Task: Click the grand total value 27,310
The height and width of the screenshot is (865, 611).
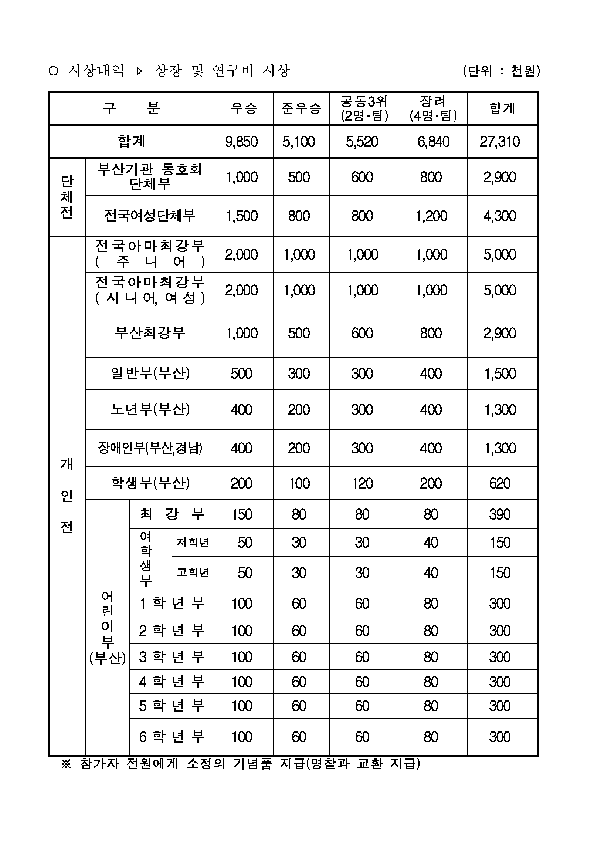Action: [500, 142]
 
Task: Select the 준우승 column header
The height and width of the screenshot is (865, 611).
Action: [301, 108]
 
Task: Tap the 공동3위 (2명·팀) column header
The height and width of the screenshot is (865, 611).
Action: [364, 108]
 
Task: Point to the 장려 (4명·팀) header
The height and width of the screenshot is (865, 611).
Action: [433, 108]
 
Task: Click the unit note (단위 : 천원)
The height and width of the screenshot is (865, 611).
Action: [501, 71]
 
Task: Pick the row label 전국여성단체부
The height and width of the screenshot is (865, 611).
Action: [150, 216]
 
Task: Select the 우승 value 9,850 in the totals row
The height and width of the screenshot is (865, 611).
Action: [241, 142]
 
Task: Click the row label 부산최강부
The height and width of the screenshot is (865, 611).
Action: [150, 333]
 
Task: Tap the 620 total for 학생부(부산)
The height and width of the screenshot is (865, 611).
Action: [500, 483]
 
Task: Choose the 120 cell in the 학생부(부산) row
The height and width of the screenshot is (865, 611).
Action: [362, 483]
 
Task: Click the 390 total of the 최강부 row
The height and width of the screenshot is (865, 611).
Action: [500, 514]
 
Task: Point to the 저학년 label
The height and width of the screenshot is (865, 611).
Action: [193, 542]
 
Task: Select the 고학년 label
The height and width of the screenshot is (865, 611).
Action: [193, 572]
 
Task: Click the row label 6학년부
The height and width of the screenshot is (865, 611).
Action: [172, 737]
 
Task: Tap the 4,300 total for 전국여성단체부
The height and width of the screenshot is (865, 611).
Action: [500, 216]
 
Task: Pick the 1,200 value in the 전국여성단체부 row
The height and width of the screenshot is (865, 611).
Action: [431, 216]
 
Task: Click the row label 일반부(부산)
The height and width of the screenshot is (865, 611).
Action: [150, 373]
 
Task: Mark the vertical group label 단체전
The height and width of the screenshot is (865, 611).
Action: [67, 197]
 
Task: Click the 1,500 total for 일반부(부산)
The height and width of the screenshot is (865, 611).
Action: [500, 374]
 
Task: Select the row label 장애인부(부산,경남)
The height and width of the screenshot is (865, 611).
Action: [150, 447]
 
